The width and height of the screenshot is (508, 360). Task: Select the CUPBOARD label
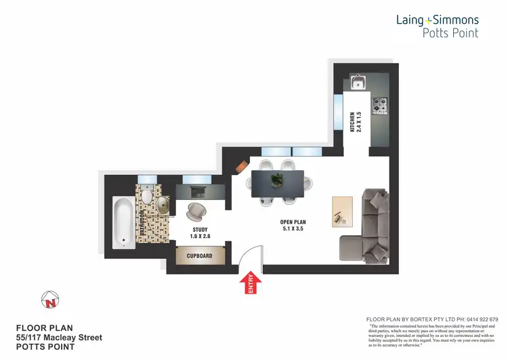tap(200, 256)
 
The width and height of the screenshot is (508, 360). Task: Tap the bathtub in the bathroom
tap(124, 221)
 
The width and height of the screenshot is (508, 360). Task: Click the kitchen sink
tap(359, 84)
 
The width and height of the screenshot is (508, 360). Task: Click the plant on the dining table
tap(276, 180)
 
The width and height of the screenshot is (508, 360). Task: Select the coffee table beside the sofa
tap(342, 210)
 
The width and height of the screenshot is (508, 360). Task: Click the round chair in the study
tap(196, 212)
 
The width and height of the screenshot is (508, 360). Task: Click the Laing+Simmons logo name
tap(437, 20)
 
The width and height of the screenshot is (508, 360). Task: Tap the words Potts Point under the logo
tap(450, 33)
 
